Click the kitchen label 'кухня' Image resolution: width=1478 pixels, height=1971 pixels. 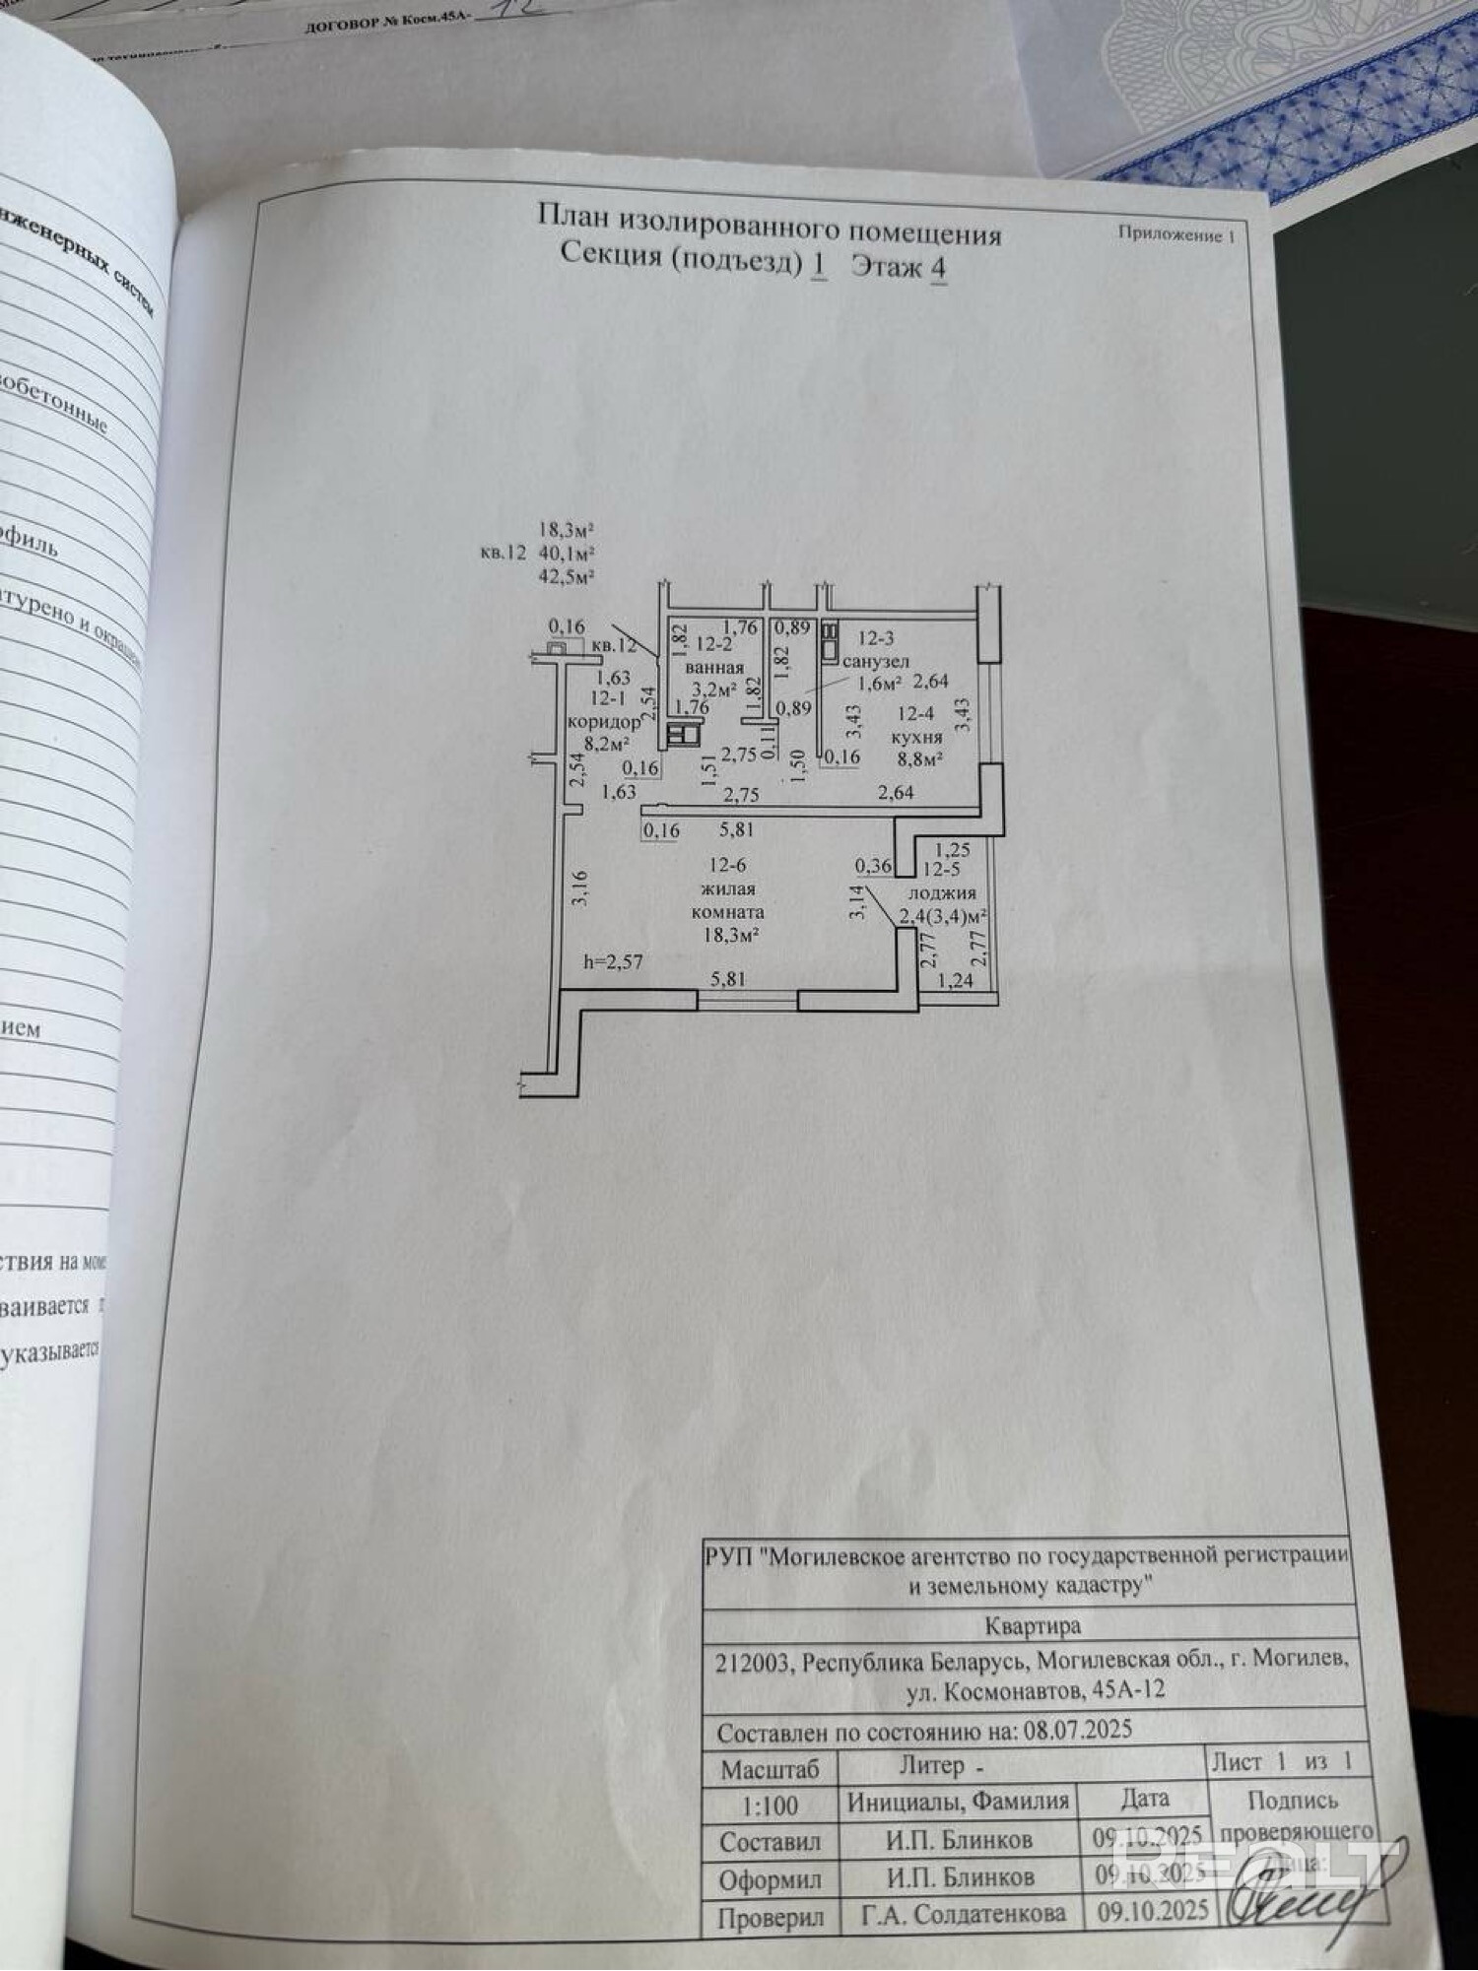click(916, 737)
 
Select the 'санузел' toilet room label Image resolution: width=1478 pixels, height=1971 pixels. click(876, 661)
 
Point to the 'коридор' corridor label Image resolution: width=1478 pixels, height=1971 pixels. click(603, 722)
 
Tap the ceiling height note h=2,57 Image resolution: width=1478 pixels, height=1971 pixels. click(613, 961)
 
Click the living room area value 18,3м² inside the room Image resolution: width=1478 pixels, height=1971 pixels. click(730, 935)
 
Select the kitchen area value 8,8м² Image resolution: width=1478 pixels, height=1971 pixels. click(917, 758)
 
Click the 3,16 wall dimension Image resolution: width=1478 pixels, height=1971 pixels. click(579, 887)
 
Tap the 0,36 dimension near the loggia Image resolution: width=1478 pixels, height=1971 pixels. click(873, 866)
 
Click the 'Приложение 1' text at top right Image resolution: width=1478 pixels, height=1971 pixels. click(1176, 234)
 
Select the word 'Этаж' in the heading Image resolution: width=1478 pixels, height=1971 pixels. click(886, 268)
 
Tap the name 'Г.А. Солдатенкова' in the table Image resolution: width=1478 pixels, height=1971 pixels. click(963, 1914)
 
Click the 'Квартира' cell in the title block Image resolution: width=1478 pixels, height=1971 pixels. click(1032, 1624)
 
